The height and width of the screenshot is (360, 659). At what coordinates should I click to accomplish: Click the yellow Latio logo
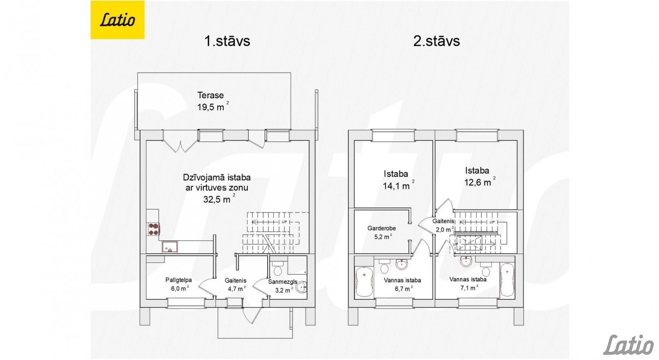117,20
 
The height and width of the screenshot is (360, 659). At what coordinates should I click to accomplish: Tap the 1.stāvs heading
227,41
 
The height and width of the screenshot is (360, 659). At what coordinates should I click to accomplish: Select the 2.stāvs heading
436,41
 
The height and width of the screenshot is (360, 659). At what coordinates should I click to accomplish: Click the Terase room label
210,95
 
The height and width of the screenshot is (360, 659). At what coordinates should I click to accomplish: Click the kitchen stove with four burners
154,229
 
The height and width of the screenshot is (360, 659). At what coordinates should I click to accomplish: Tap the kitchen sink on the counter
170,247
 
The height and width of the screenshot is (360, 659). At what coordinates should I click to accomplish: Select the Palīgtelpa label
179,280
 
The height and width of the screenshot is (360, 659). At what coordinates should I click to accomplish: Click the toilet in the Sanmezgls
277,268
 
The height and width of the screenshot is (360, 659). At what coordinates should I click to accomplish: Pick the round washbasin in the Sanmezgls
301,286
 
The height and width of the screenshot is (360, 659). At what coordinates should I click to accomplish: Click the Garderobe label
382,228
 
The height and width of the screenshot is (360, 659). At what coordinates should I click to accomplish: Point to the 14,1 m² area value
398,185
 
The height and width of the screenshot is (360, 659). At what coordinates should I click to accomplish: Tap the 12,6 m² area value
480,182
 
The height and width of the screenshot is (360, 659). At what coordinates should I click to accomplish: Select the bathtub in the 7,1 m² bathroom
507,280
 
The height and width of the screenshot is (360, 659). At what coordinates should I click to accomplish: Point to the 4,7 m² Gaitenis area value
237,289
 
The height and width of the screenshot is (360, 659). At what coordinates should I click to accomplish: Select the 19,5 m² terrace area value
213,107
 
